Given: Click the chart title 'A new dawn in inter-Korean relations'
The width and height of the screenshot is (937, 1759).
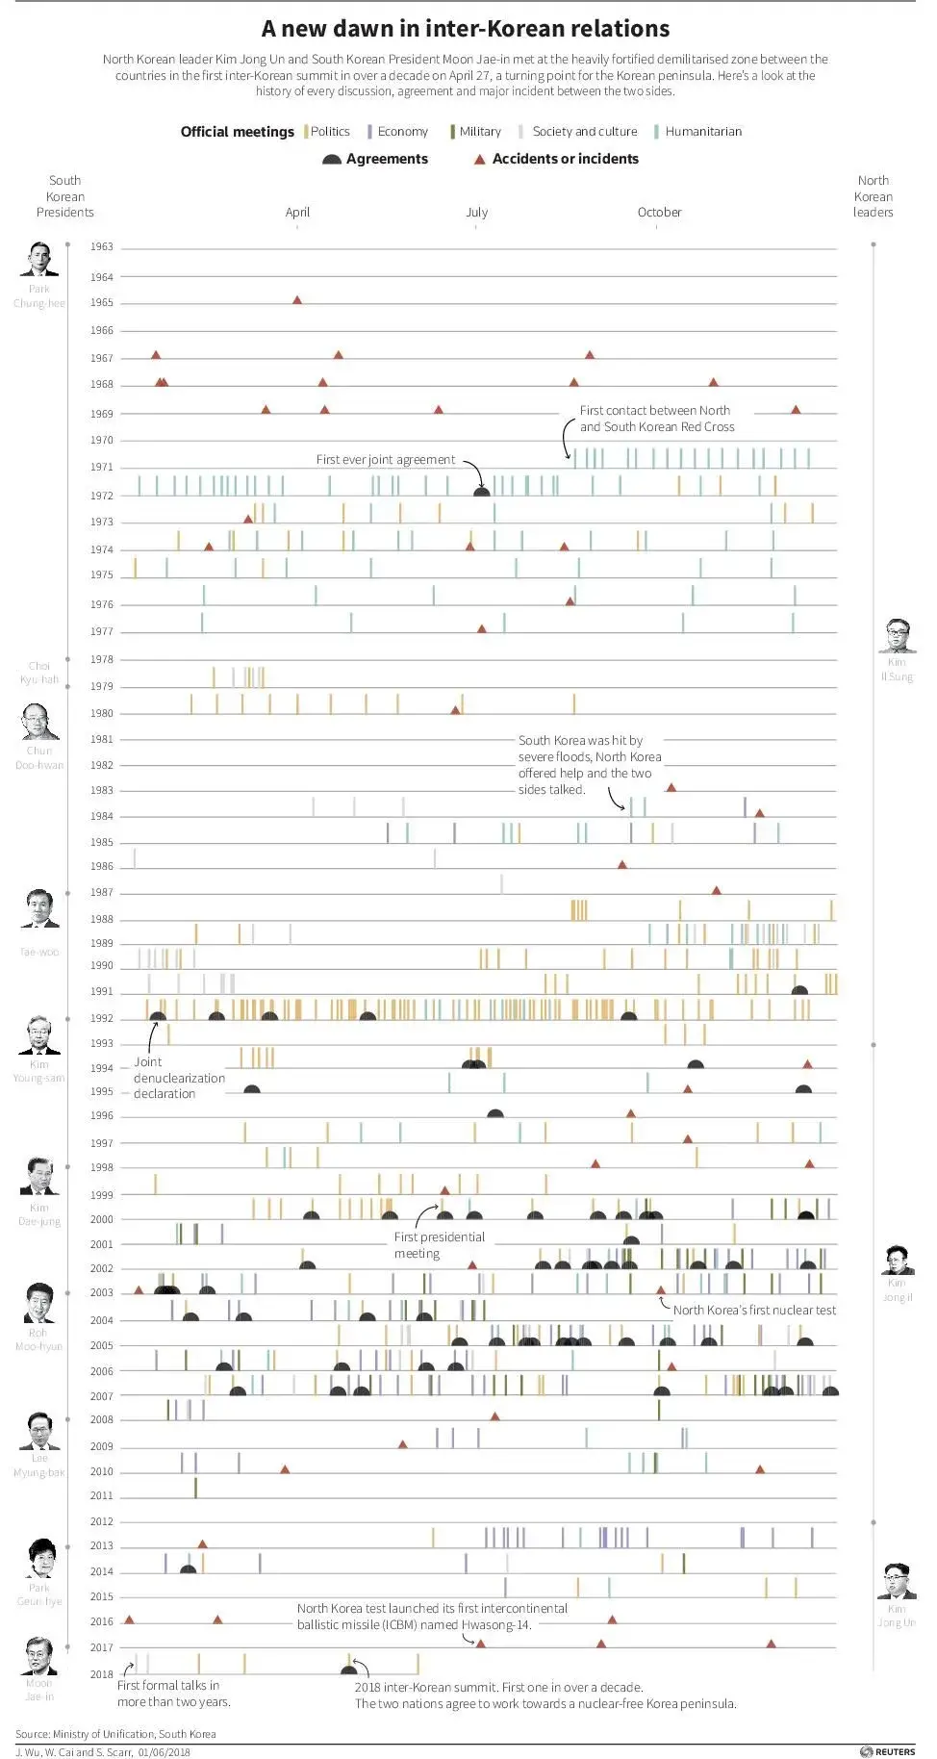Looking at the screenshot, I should pyautogui.click(x=466, y=29).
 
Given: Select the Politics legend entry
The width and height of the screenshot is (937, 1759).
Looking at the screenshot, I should pyautogui.click(x=329, y=132).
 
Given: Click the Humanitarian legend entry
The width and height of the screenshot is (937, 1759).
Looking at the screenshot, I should pyautogui.click(x=702, y=132).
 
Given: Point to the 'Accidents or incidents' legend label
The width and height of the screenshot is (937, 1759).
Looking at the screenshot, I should pyautogui.click(x=565, y=159).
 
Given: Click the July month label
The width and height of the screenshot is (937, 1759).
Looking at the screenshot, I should pyautogui.click(x=477, y=213).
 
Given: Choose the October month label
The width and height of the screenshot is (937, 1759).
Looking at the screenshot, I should pyautogui.click(x=659, y=213).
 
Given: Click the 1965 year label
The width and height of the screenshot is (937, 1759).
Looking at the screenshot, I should pyautogui.click(x=102, y=303).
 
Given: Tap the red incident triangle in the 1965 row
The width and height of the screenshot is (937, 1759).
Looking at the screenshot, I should pyautogui.click(x=297, y=300).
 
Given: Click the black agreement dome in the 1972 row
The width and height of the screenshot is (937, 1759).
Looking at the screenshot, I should pyautogui.click(x=482, y=492).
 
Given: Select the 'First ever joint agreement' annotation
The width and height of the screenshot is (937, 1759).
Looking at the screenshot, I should pyautogui.click(x=385, y=460).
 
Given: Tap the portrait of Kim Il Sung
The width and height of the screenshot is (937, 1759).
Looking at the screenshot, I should pyautogui.click(x=897, y=637).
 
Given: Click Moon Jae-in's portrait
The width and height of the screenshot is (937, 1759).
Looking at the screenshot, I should pyautogui.click(x=39, y=1656).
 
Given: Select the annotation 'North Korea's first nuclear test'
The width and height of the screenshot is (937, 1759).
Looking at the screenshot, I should pyautogui.click(x=754, y=1311).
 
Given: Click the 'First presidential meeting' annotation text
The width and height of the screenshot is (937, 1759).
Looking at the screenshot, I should pyautogui.click(x=439, y=1245).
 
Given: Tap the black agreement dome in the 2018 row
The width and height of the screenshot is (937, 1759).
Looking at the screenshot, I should pyautogui.click(x=349, y=1670).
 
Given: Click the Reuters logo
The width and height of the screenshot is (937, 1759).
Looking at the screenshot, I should pyautogui.click(x=888, y=1751).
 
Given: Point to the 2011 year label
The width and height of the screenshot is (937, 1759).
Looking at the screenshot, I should pyautogui.click(x=102, y=1496).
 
